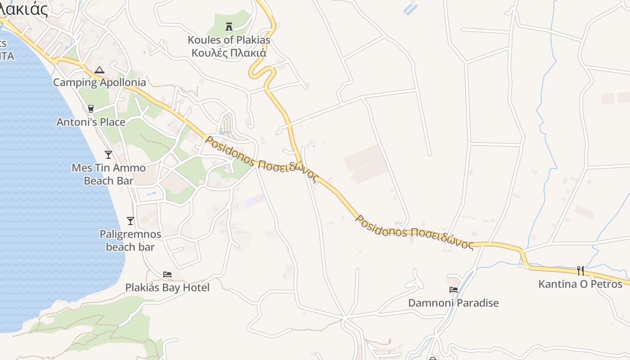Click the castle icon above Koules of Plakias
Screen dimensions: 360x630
pyautogui.click(x=229, y=27)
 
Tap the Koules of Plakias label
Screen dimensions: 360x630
pyautogui.click(x=229, y=40)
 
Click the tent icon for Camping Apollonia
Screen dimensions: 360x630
pyautogui.click(x=99, y=70)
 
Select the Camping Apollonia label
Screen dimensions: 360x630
pyautogui.click(x=99, y=82)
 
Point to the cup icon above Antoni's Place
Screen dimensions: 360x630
pyautogui.click(x=91, y=109)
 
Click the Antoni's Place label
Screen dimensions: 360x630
pyautogui.click(x=91, y=122)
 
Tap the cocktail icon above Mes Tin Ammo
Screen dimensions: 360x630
pyautogui.click(x=108, y=155)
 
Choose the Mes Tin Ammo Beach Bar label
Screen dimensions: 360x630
pyautogui.click(x=109, y=174)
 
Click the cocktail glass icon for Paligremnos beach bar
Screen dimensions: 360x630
pyautogui.click(x=130, y=221)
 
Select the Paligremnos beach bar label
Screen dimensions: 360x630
pyautogui.click(x=130, y=241)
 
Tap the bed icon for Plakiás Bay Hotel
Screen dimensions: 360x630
pyautogui.click(x=167, y=274)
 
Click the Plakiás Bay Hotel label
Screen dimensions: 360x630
pyautogui.click(x=167, y=287)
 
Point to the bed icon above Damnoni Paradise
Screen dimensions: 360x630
pyautogui.click(x=454, y=290)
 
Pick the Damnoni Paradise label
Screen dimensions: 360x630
pyautogui.click(x=454, y=303)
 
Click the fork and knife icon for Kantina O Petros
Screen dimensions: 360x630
pyautogui.click(x=580, y=271)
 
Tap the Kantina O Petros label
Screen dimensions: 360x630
pyautogui.click(x=580, y=284)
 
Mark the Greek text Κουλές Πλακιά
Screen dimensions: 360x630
pyautogui.click(x=229, y=53)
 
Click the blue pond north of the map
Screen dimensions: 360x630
pyautogui.click(x=411, y=9)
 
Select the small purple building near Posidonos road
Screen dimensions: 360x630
pyautogui.click(x=255, y=201)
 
